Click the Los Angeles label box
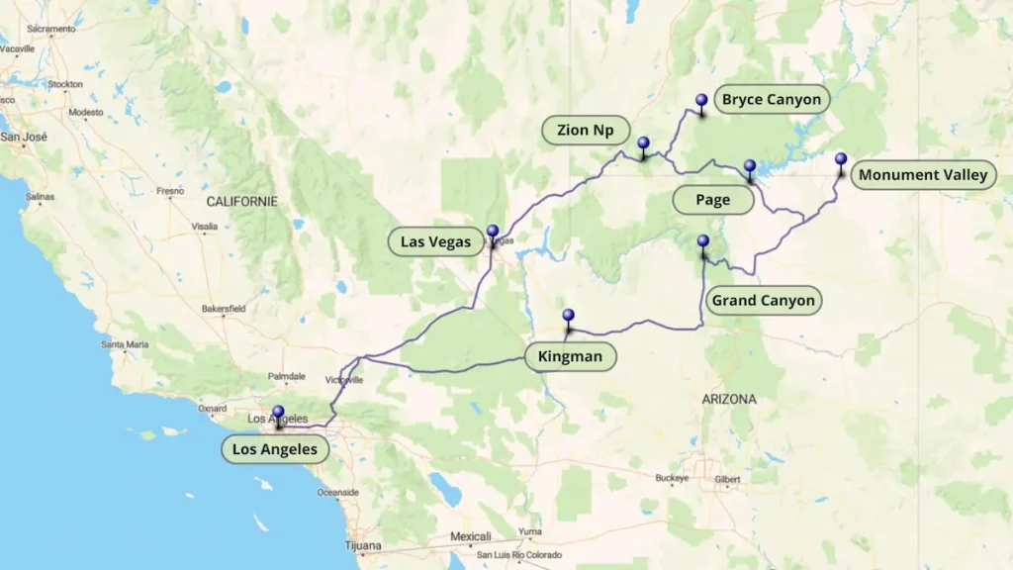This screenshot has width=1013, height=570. (274, 449)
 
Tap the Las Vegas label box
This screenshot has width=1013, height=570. (435, 241)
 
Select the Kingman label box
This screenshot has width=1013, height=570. (570, 356)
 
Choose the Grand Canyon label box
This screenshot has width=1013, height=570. (763, 300)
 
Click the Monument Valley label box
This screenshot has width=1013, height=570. (922, 175)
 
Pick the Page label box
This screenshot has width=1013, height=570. (712, 200)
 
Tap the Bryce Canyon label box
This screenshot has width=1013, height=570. (771, 99)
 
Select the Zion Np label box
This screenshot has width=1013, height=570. (586, 130)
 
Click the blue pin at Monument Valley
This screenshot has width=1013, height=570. (841, 159)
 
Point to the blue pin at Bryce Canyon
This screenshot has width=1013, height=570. (701, 101)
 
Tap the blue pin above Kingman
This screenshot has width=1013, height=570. (568, 317)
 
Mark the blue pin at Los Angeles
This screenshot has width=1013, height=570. (278, 413)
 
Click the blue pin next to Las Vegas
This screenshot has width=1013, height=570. (493, 232)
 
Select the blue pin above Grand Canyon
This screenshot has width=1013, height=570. (703, 241)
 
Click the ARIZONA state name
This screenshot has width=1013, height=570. (729, 399)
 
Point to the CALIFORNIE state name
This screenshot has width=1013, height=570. (242, 201)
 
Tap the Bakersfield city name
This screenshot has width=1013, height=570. (223, 309)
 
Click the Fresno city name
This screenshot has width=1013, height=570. (169, 191)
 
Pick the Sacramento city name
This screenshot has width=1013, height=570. (51, 29)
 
